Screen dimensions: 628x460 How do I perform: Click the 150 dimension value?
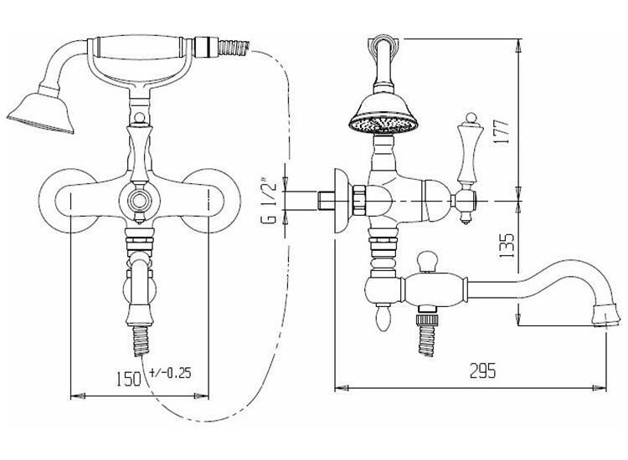[x=129, y=378]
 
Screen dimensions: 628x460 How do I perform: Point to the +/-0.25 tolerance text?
[x=170, y=373]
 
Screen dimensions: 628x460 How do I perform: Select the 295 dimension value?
[x=482, y=371]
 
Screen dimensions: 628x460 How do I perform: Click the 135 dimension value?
[x=507, y=246]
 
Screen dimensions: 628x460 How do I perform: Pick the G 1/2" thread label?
[x=271, y=201]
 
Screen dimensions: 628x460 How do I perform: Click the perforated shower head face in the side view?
[x=383, y=125]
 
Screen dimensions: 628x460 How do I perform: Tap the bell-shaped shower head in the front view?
[x=41, y=112]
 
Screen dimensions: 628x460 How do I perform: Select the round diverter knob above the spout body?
[x=427, y=260]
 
